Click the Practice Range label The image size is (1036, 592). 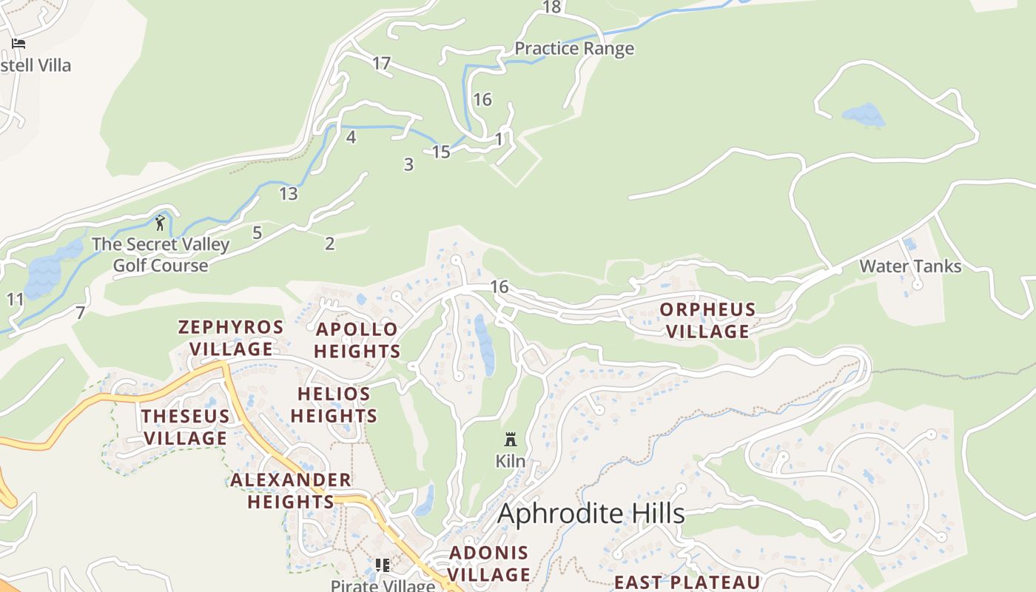pyautogui.click(x=574, y=49)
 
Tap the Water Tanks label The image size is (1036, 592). pyautogui.click(x=910, y=266)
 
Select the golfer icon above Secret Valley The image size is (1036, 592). pyautogui.click(x=160, y=222)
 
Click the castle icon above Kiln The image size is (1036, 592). pyautogui.click(x=510, y=440)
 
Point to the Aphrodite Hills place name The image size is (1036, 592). pyautogui.click(x=591, y=514)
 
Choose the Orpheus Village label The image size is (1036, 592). pyautogui.click(x=708, y=320)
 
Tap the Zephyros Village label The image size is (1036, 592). pyautogui.click(x=231, y=338)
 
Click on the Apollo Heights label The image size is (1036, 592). pyautogui.click(x=357, y=340)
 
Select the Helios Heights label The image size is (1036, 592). pyautogui.click(x=334, y=405)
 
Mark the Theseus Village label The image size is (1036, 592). pyautogui.click(x=185, y=427)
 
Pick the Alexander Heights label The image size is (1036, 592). pyautogui.click(x=291, y=491)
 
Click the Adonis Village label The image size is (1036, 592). pyautogui.click(x=489, y=563)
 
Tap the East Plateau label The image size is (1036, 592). pyautogui.click(x=687, y=582)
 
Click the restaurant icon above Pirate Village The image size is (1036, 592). pyautogui.click(x=383, y=566)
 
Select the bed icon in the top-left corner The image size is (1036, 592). pyautogui.click(x=18, y=44)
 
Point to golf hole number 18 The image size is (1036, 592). pyautogui.click(x=552, y=7)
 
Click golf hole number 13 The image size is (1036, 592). pyautogui.click(x=289, y=194)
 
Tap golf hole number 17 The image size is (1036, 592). pyautogui.click(x=381, y=64)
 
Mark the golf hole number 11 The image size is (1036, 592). pyautogui.click(x=16, y=300)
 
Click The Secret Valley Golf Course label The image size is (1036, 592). pyautogui.click(x=161, y=255)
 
